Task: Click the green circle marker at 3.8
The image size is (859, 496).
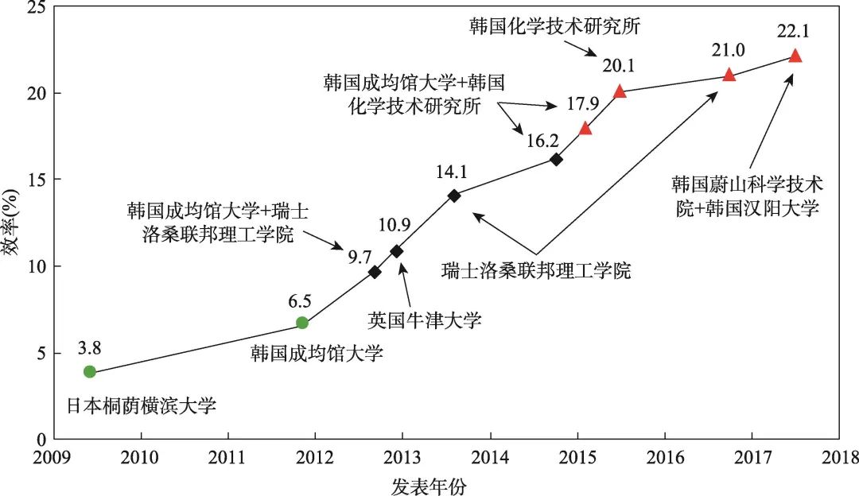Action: tap(90, 371)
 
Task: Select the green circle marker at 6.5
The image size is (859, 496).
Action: tap(302, 322)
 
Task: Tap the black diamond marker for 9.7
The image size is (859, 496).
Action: tap(375, 272)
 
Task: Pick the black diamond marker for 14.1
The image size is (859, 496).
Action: tap(454, 196)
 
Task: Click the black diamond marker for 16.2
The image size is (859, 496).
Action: tap(556, 160)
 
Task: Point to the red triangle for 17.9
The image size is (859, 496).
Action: tap(585, 129)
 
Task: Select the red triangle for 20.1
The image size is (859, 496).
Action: tap(620, 91)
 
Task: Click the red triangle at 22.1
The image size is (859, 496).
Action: tap(795, 56)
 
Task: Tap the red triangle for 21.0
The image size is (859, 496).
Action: tap(729, 75)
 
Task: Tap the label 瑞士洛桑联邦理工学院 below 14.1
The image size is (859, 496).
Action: tap(535, 270)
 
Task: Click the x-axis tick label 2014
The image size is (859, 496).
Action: tap(490, 459)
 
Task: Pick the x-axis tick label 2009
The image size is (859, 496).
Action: tap(54, 459)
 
